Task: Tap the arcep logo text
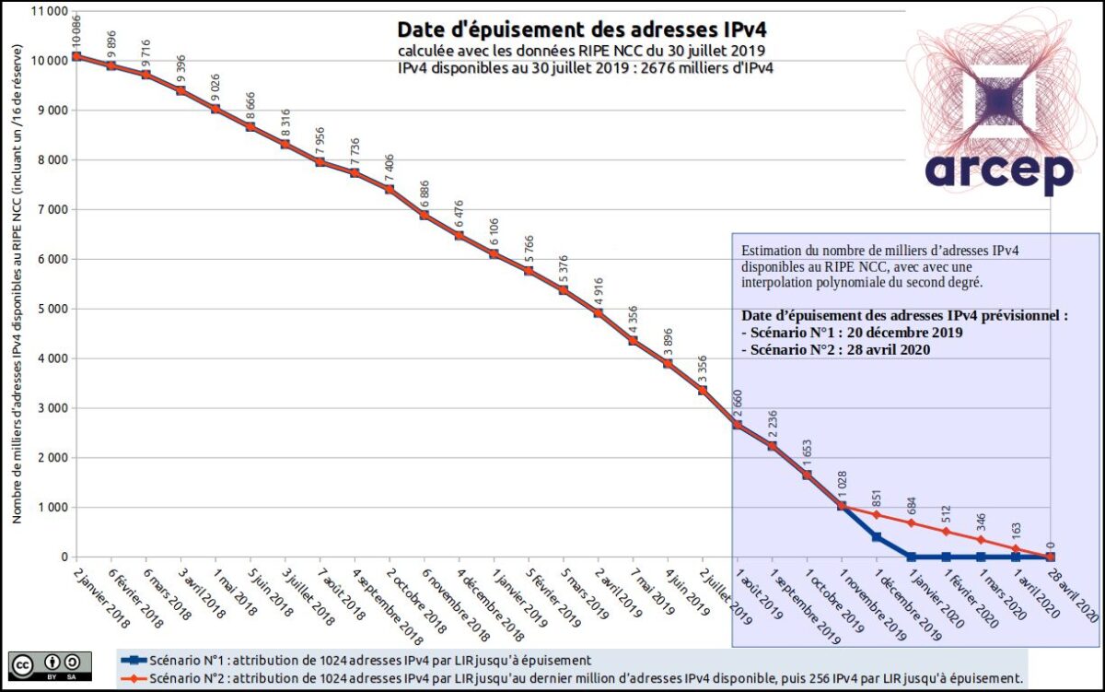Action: click(x=999, y=172)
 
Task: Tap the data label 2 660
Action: click(x=738, y=405)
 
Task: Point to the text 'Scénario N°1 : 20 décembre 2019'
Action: click(x=852, y=332)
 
